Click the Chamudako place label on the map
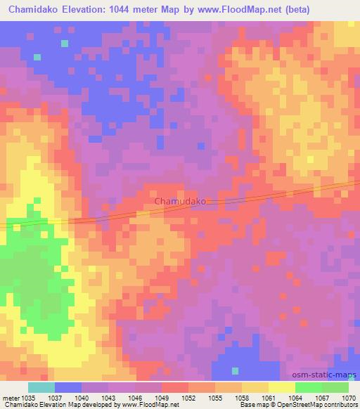coord(180,201)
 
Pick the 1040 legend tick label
coord(82,397)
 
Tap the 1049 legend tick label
coord(162,397)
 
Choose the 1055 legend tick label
coord(215,397)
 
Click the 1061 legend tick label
coord(268,397)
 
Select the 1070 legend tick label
coord(347,397)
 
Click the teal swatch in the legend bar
coord(41,387)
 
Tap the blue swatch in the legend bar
coord(68,387)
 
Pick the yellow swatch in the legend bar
coord(281,387)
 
